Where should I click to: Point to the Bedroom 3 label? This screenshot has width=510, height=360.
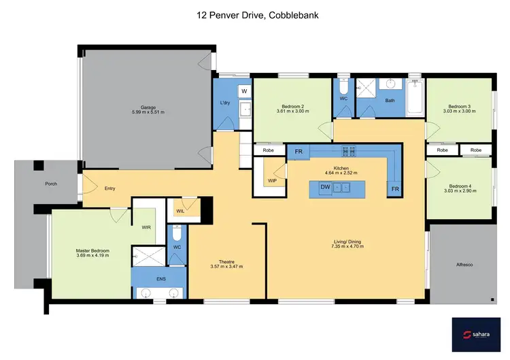(460, 106)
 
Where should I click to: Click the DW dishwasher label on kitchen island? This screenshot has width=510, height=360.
(326, 187)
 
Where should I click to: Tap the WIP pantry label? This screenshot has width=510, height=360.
(272, 180)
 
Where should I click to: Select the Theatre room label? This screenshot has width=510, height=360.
(226, 261)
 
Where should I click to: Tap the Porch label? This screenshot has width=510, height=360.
(51, 184)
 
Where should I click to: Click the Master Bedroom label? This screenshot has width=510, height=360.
(92, 250)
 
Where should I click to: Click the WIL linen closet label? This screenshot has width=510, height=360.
(180, 211)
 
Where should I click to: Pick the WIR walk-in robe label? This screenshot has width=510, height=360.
(146, 227)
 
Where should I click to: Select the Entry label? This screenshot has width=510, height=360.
(109, 188)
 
